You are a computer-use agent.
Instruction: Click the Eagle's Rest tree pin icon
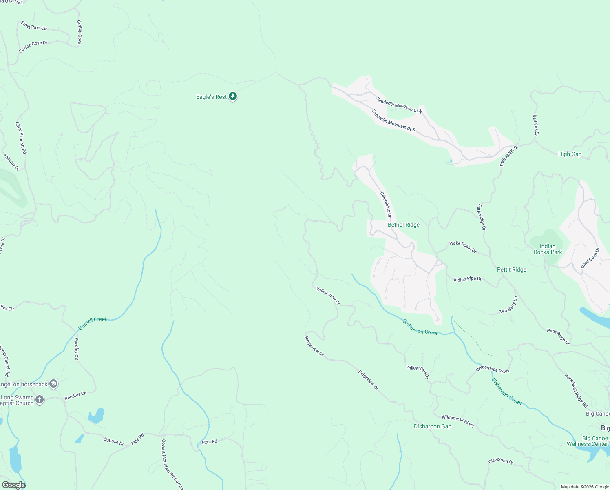click(233, 96)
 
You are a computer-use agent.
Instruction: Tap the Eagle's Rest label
click(211, 97)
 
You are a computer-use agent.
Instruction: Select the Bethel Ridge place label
click(403, 225)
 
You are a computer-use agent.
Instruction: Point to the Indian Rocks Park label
click(548, 249)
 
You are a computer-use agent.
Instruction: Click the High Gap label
click(570, 154)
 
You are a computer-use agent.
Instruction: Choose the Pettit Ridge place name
click(511, 269)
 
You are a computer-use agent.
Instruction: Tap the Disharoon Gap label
click(432, 426)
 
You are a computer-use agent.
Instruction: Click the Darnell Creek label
click(93, 323)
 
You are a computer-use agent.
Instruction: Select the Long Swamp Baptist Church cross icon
click(40, 400)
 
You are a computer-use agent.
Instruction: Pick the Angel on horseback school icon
click(53, 384)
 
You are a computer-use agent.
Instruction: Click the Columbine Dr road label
click(386, 204)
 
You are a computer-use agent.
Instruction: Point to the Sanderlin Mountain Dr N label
click(399, 105)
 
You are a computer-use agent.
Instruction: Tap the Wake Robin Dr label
click(463, 247)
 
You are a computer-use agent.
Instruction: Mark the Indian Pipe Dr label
click(468, 279)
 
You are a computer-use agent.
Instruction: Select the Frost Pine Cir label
click(34, 26)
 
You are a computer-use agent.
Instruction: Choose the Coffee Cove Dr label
click(33, 47)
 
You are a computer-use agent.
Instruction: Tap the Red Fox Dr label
click(535, 125)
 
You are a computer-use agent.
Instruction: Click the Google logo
click(13, 485)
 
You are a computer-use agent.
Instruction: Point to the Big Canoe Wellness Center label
click(588, 441)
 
